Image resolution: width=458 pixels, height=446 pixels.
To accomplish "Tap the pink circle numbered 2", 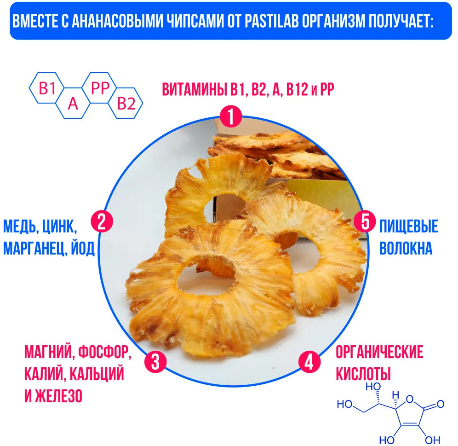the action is click(x=102, y=221).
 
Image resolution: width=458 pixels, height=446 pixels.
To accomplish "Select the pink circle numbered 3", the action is click(x=155, y=362).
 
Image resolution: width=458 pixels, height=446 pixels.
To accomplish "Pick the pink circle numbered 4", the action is click(x=309, y=362).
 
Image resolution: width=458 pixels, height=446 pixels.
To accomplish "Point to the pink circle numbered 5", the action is click(x=365, y=222).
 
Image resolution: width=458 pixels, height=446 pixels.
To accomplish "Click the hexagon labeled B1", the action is click(x=47, y=88).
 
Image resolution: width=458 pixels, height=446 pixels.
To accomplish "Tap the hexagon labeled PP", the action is click(x=100, y=88).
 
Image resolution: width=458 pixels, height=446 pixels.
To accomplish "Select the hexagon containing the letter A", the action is click(x=73, y=103).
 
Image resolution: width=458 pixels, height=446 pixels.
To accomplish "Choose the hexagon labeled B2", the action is click(x=126, y=103).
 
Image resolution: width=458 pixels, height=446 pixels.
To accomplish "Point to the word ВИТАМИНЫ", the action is click(x=195, y=89).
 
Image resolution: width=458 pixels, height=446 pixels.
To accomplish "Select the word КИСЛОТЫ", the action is click(x=363, y=374).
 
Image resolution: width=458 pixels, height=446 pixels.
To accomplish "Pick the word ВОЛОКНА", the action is click(x=406, y=249).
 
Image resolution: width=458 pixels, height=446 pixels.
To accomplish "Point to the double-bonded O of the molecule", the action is click(x=440, y=404).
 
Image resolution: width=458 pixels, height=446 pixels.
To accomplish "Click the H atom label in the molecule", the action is click(x=395, y=395).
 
